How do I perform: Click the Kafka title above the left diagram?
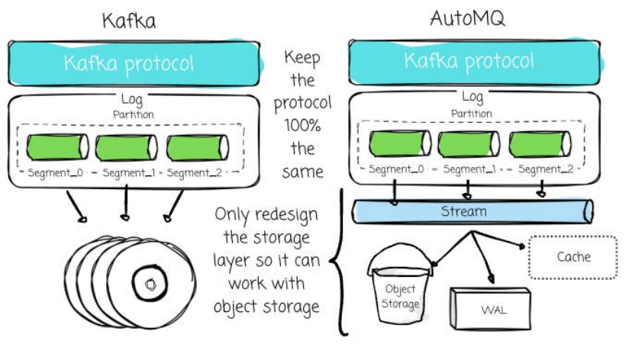tap(130, 21)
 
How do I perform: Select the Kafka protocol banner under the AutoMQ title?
tap(469, 61)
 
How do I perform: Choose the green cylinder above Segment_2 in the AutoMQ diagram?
tap(540, 144)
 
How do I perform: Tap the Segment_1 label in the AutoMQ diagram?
tap(469, 169)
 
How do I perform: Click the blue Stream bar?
tap(472, 211)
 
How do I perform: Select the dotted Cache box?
tap(572, 258)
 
